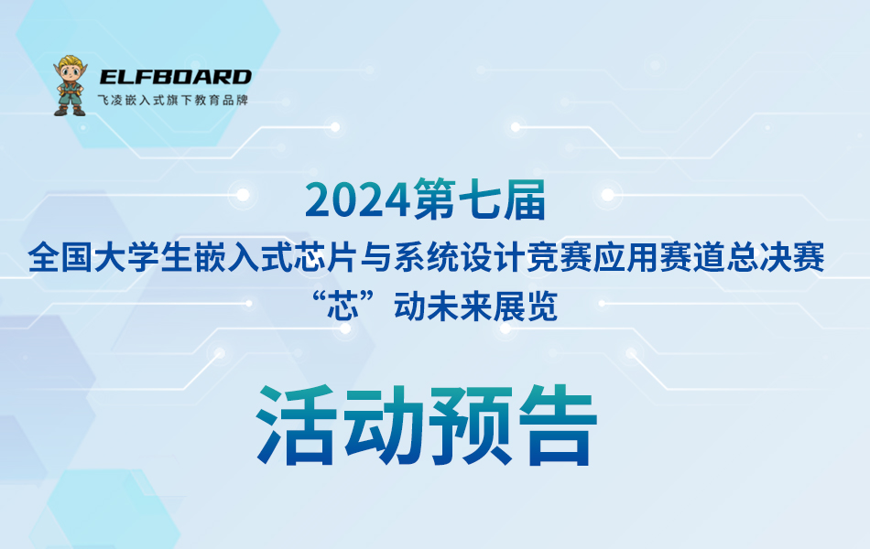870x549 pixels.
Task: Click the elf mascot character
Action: (69, 87)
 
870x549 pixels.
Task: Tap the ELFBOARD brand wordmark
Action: (175, 78)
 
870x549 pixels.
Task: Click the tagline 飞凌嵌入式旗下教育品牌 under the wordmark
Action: (173, 100)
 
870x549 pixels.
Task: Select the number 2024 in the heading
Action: (358, 200)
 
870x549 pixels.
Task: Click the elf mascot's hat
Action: (69, 64)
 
